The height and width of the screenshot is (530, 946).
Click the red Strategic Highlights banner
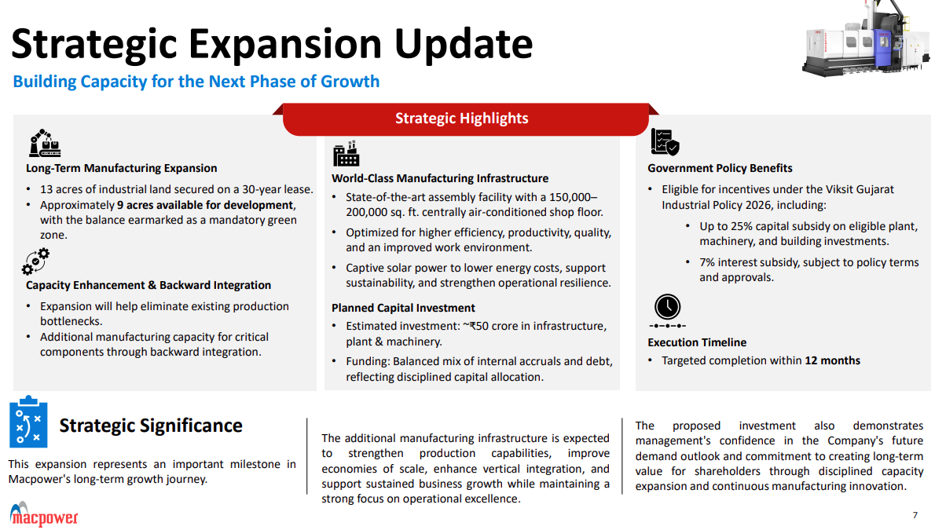click(465, 119)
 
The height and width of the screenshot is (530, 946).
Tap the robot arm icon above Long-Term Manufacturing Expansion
click(45, 143)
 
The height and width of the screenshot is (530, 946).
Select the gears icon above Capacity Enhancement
click(36, 261)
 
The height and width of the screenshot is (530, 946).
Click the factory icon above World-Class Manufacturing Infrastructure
click(346, 154)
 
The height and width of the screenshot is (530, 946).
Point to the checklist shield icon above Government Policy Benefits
click(665, 142)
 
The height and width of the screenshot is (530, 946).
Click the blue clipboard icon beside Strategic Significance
click(28, 422)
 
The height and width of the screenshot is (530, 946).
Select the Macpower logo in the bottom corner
click(44, 514)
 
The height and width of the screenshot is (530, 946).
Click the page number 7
click(915, 515)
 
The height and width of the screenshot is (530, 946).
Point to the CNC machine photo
click(865, 38)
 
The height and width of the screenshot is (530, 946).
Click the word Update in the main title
click(464, 45)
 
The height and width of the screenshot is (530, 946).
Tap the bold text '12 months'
click(832, 360)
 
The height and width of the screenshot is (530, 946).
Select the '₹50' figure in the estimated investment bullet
click(478, 326)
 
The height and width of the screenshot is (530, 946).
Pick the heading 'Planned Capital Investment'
click(403, 308)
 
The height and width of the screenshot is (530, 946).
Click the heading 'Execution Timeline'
click(697, 342)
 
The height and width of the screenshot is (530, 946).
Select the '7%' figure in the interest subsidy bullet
click(707, 262)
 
